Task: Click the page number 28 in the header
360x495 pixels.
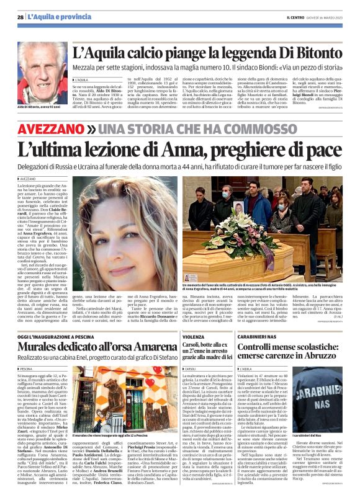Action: pyautogui.click(x=20, y=17)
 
